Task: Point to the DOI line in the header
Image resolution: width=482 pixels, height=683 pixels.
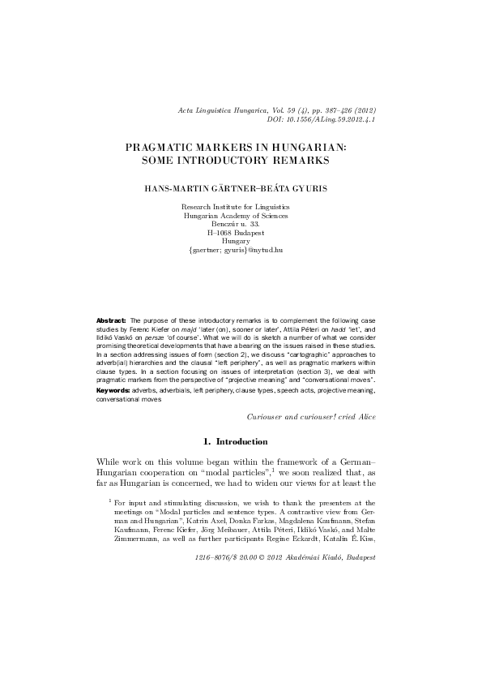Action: [x=321, y=118]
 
